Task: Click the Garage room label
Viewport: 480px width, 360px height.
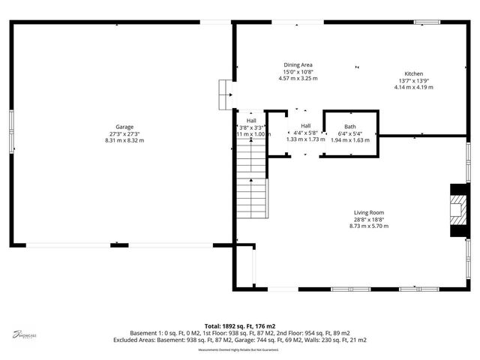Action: [x=124, y=127]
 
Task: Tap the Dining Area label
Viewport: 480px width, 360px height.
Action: [x=298, y=64]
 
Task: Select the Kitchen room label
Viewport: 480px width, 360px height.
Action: [x=414, y=73]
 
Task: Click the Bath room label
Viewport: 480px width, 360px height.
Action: [x=350, y=126]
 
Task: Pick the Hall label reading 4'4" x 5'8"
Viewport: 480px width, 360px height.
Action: [x=306, y=125]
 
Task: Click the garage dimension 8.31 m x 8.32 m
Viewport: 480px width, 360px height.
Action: [x=124, y=140]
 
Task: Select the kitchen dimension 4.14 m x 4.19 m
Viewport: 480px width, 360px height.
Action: [x=414, y=87]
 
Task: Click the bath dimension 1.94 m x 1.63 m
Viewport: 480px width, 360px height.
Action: [x=350, y=139]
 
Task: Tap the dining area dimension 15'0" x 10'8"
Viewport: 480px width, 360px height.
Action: [x=298, y=71]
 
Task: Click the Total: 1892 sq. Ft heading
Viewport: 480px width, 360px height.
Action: [x=240, y=325]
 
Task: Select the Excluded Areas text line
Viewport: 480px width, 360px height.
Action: [x=240, y=339]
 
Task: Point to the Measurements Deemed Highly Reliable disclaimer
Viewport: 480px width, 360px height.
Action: [x=240, y=349]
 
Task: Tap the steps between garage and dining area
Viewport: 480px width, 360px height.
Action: [x=223, y=94]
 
